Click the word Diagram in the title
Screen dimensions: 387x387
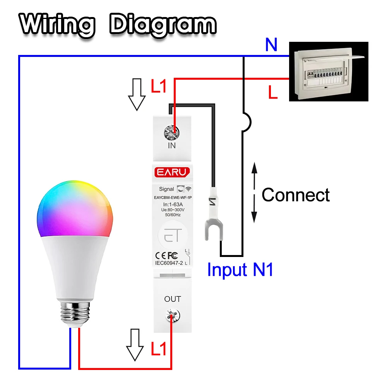163,26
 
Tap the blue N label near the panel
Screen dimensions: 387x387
271,45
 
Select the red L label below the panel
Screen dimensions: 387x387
273,93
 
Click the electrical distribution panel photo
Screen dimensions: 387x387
329,72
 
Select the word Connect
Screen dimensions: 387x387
296,195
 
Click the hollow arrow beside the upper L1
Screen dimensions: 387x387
137,94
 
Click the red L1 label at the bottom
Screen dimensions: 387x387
159,349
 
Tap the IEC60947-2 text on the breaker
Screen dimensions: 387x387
166,263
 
